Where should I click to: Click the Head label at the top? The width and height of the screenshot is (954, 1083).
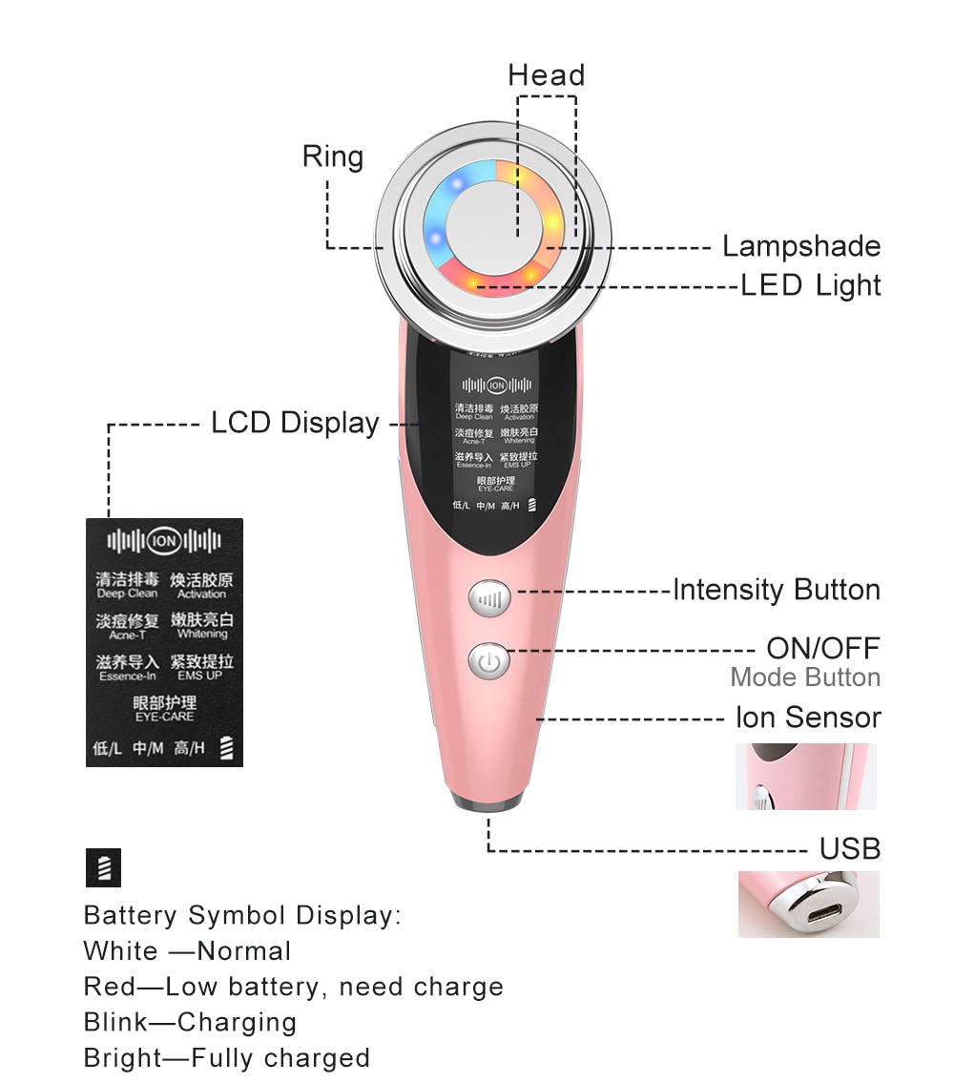click(546, 75)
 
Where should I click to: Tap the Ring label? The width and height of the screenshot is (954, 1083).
click(332, 156)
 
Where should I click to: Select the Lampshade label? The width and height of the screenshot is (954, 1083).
click(800, 246)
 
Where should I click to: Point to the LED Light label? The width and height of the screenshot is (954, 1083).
click(811, 285)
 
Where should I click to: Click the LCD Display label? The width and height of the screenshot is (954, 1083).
click(295, 423)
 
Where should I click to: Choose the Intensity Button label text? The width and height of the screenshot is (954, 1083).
click(777, 590)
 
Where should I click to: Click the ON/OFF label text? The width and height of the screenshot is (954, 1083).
click(822, 649)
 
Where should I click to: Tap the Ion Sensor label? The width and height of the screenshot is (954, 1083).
click(807, 717)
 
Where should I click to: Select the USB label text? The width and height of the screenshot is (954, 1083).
click(849, 848)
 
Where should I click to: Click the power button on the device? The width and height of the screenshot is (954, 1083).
click(489, 662)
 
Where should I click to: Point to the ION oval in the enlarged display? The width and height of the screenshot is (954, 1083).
click(164, 541)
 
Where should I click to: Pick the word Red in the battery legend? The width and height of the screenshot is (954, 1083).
click(103, 987)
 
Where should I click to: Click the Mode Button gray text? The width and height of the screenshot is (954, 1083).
click(805, 677)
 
